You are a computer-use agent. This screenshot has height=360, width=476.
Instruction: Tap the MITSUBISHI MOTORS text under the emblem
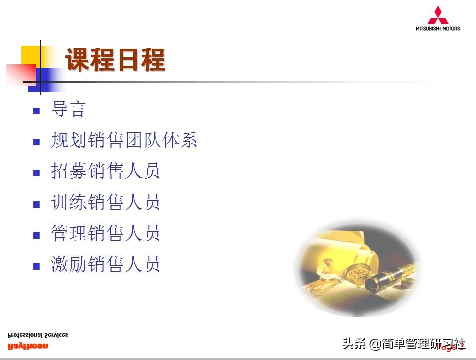pos(438,28)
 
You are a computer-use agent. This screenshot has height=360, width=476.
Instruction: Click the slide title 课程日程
pos(115,60)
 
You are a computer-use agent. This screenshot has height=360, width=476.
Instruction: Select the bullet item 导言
pos(68,109)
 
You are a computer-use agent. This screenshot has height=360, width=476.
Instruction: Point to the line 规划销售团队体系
pos(124,141)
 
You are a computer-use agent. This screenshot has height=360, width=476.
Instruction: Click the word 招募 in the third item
pos(69,171)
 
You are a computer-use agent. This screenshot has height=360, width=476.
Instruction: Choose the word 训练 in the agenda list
pos(69,203)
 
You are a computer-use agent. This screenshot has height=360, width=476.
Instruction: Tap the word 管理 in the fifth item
pos(69,233)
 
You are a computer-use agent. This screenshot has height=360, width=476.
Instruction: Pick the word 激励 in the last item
pos(69,264)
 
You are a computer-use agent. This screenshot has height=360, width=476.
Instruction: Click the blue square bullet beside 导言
pos(36,111)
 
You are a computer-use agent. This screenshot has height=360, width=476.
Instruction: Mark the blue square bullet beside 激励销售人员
pos(36,266)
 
